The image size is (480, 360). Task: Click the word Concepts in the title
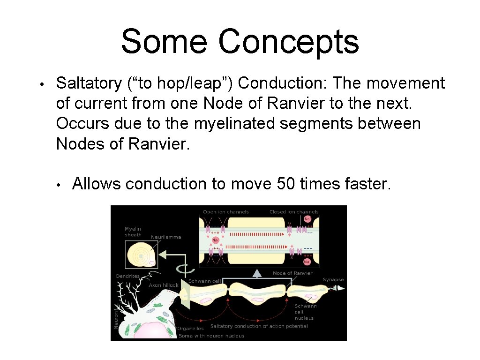[x=288, y=41]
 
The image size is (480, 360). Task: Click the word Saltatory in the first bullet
[x=89, y=83]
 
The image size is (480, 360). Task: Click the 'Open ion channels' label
[x=225, y=212]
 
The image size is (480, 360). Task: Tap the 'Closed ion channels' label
[x=294, y=212]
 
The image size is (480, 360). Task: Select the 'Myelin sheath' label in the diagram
[x=133, y=231]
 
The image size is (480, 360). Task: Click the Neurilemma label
[x=165, y=237]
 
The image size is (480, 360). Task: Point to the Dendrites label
[x=127, y=276]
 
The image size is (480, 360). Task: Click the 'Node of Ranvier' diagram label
[x=292, y=273]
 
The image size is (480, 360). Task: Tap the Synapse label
[x=333, y=279]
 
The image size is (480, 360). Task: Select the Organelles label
[x=190, y=329]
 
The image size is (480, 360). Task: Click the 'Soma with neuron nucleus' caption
[x=211, y=336]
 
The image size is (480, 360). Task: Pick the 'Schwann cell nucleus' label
[x=305, y=312]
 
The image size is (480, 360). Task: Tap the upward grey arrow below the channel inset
[x=256, y=274]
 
